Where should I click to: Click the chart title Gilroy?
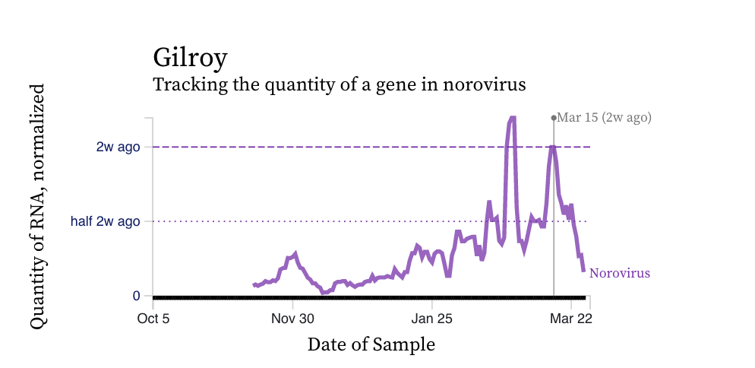point(190,58)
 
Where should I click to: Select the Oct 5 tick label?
point(153,318)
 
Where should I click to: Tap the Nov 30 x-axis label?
point(292,318)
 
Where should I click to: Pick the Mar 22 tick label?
point(571,318)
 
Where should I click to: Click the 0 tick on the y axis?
point(136,296)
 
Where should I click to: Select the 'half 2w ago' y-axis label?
point(105,221)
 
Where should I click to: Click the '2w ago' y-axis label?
point(118,147)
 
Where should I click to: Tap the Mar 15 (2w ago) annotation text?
point(604,117)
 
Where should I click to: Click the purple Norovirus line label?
point(620,274)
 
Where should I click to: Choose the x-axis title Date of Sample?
point(371,344)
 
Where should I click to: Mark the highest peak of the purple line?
point(512,118)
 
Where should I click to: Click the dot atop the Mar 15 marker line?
point(554,118)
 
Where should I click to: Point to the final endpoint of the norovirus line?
point(583,271)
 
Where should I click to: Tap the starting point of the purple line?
point(254,285)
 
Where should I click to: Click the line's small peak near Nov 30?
point(295,252)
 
